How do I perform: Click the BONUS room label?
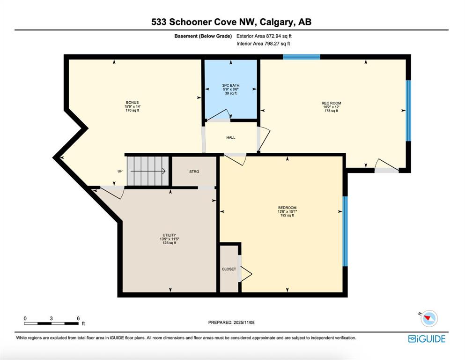tap(132, 102)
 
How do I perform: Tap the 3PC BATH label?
tap(231, 85)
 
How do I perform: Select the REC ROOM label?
tap(332, 103)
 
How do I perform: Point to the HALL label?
tap(231, 137)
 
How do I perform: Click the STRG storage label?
tap(194, 172)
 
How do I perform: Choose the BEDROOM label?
tap(287, 208)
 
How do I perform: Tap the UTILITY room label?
tap(170, 235)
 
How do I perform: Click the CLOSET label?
tap(229, 269)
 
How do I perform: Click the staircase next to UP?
tap(148, 171)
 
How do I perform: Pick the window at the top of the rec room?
tap(302, 57)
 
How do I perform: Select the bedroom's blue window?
tap(345, 232)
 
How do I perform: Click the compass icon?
tap(429, 318)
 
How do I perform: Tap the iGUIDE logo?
tap(427, 338)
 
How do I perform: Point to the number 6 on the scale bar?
tap(78, 318)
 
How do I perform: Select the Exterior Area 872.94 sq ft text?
tap(264, 36)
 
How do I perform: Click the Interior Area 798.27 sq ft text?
tap(263, 44)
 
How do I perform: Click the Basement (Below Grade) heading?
tap(203, 36)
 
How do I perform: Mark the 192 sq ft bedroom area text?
tap(287, 216)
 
